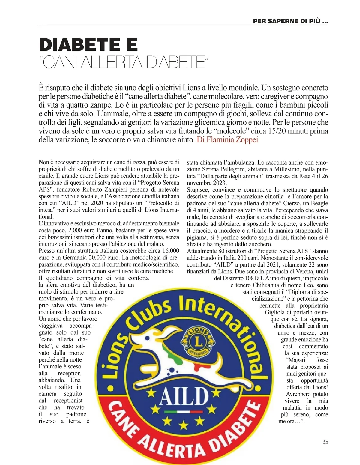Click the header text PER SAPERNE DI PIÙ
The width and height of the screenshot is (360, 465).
click(290, 21)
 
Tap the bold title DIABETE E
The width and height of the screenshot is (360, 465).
click(88, 45)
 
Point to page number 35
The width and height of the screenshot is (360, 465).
click(325, 442)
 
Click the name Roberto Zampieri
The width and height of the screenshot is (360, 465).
click(101, 189)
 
